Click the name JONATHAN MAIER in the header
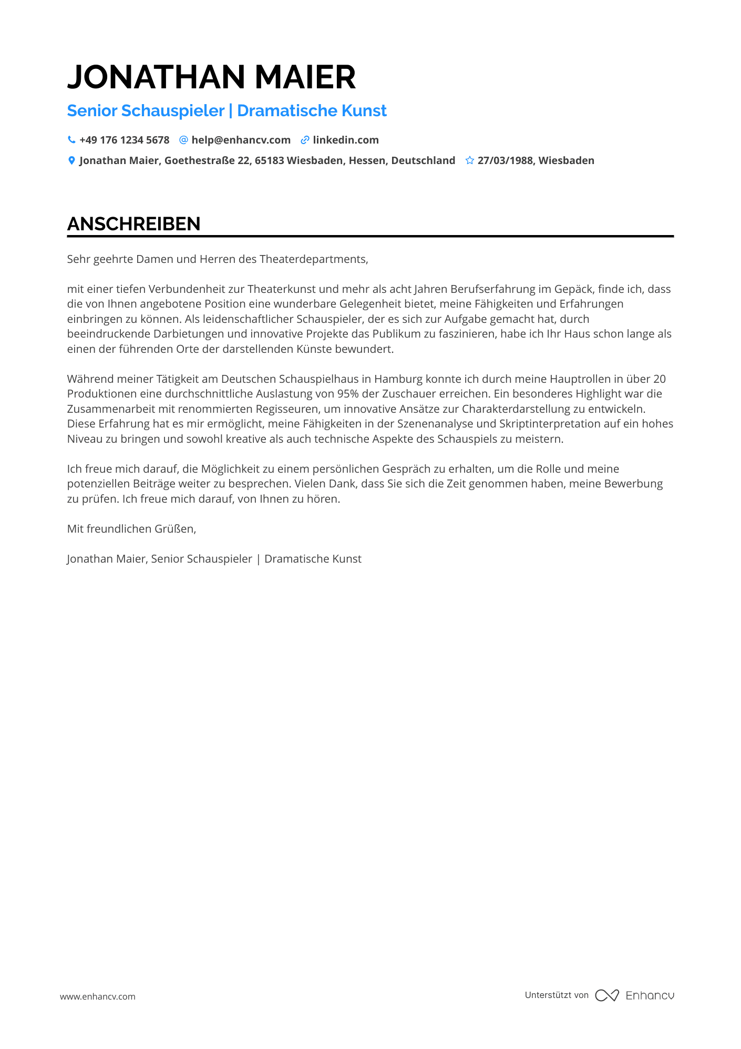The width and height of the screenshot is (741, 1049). point(211,77)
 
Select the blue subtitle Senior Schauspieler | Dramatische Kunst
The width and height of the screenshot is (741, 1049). point(227,111)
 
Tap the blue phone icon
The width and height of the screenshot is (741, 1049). point(71,140)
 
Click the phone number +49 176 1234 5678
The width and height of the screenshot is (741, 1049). point(124,140)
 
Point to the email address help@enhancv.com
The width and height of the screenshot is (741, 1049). point(241,140)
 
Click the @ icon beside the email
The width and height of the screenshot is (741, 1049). point(183,140)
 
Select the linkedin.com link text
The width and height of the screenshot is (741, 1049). point(345,140)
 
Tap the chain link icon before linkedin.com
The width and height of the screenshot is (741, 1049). point(305,140)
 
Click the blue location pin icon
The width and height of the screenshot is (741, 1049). point(71,160)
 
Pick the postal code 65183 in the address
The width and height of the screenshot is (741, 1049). point(269,160)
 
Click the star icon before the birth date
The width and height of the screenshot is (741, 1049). point(469,160)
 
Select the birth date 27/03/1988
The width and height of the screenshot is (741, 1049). point(505,160)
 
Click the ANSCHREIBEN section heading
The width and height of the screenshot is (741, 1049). point(133,224)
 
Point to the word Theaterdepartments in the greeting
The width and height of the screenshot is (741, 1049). point(313,259)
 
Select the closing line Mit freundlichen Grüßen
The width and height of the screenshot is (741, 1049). point(131,529)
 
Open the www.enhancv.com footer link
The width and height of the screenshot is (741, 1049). point(98,996)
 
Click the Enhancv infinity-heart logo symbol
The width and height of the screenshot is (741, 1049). point(606,995)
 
